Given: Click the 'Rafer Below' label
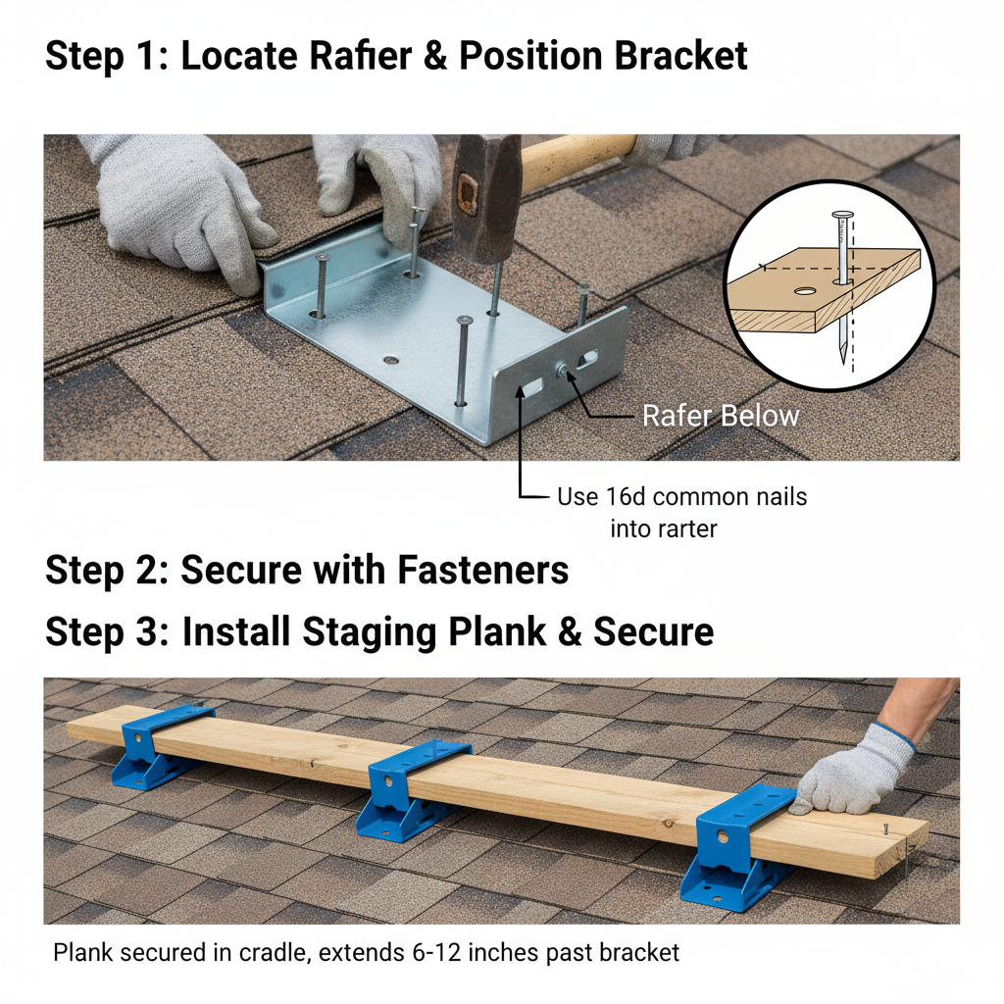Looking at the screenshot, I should tap(721, 416).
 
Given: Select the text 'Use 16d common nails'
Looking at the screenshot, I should tap(681, 496).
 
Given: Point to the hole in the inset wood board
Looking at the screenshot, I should tap(804, 291).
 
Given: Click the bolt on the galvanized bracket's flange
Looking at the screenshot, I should tap(566, 370).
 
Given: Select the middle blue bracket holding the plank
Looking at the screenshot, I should tap(413, 789).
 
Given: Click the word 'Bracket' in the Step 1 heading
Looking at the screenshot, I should tap(681, 56).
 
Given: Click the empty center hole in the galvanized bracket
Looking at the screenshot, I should tap(391, 360).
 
